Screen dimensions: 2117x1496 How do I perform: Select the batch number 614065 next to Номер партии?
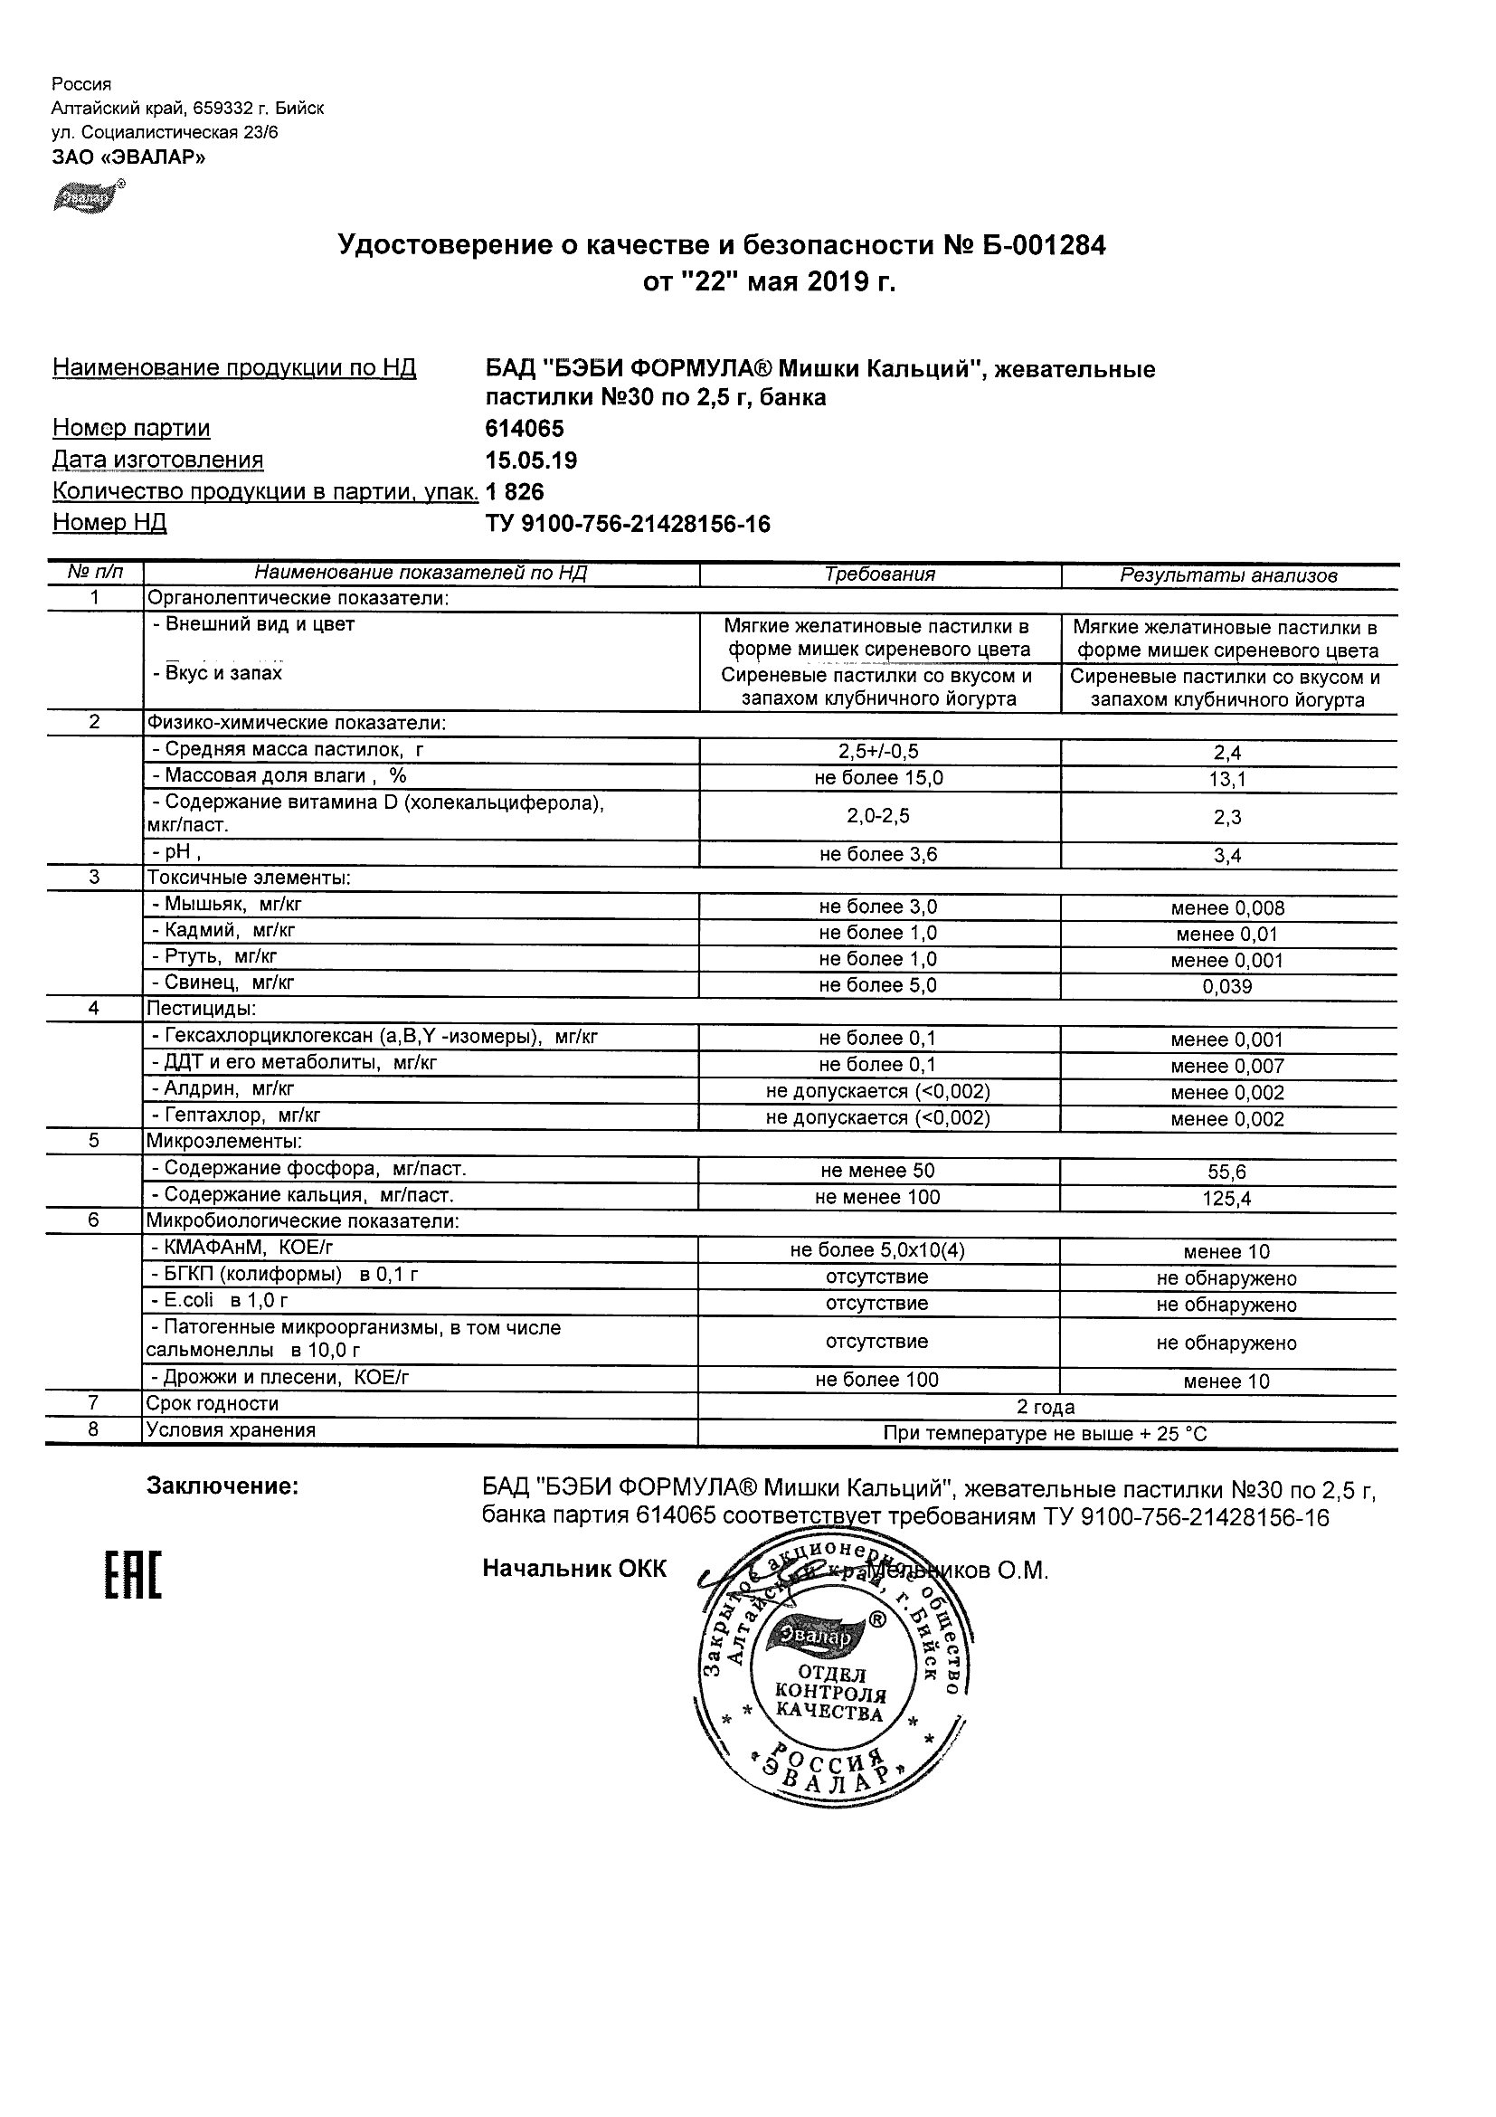pyautogui.click(x=525, y=429)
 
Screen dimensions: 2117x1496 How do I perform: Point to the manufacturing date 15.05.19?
pyautogui.click(x=531, y=460)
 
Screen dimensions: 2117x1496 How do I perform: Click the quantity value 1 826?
pyautogui.click(x=515, y=491)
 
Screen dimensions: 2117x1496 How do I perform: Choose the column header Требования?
pyautogui.click(x=879, y=574)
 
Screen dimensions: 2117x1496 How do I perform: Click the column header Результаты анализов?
pyautogui.click(x=1227, y=575)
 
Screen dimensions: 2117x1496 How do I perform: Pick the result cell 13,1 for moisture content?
pyautogui.click(x=1227, y=780)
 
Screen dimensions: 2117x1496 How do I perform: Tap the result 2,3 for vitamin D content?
pyautogui.click(x=1227, y=818)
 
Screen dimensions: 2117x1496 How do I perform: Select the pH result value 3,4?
pyautogui.click(x=1227, y=856)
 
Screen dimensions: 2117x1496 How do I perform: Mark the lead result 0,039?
pyautogui.click(x=1227, y=987)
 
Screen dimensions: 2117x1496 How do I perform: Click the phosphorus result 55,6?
pyautogui.click(x=1227, y=1172)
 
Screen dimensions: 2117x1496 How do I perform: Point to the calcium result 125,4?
pyautogui.click(x=1227, y=1199)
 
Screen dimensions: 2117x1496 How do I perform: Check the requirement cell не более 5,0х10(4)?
pyautogui.click(x=877, y=1250)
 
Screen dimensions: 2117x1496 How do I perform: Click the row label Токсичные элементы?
pyautogui.click(x=248, y=878)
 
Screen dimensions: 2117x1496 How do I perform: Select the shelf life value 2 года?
pyautogui.click(x=1046, y=1407)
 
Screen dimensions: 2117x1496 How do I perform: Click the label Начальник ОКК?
pyautogui.click(x=573, y=1570)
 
